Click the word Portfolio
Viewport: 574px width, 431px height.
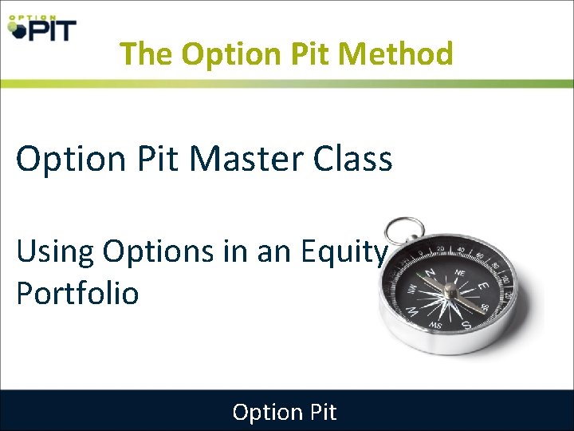coord(77,293)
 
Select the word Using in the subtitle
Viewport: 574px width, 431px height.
coord(53,251)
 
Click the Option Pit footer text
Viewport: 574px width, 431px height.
coord(285,412)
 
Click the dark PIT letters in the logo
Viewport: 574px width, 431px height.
coord(52,30)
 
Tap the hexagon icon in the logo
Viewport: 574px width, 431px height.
coord(16,30)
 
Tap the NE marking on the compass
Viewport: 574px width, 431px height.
coord(460,272)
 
